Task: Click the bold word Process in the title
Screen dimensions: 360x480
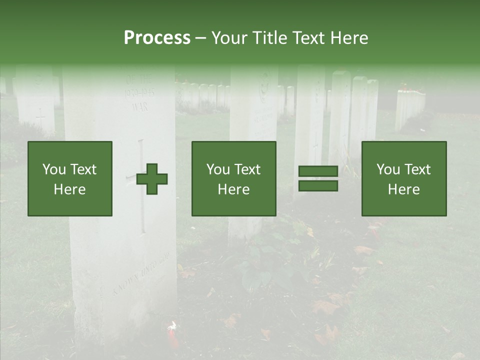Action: pos(157,37)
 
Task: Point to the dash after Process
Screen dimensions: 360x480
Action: pos(200,38)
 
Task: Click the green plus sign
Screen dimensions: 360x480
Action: pos(152,178)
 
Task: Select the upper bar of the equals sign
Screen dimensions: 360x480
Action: pos(318,171)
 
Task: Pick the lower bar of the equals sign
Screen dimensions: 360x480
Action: pos(318,185)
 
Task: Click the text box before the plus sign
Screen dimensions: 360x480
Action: pos(70,178)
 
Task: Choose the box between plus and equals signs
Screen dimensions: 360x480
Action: pos(233,178)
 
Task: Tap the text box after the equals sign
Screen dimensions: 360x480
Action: pos(403,178)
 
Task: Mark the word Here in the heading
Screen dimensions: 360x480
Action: pos(349,38)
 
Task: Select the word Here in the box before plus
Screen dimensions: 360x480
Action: pos(69,189)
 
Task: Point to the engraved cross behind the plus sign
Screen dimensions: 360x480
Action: pos(141,185)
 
